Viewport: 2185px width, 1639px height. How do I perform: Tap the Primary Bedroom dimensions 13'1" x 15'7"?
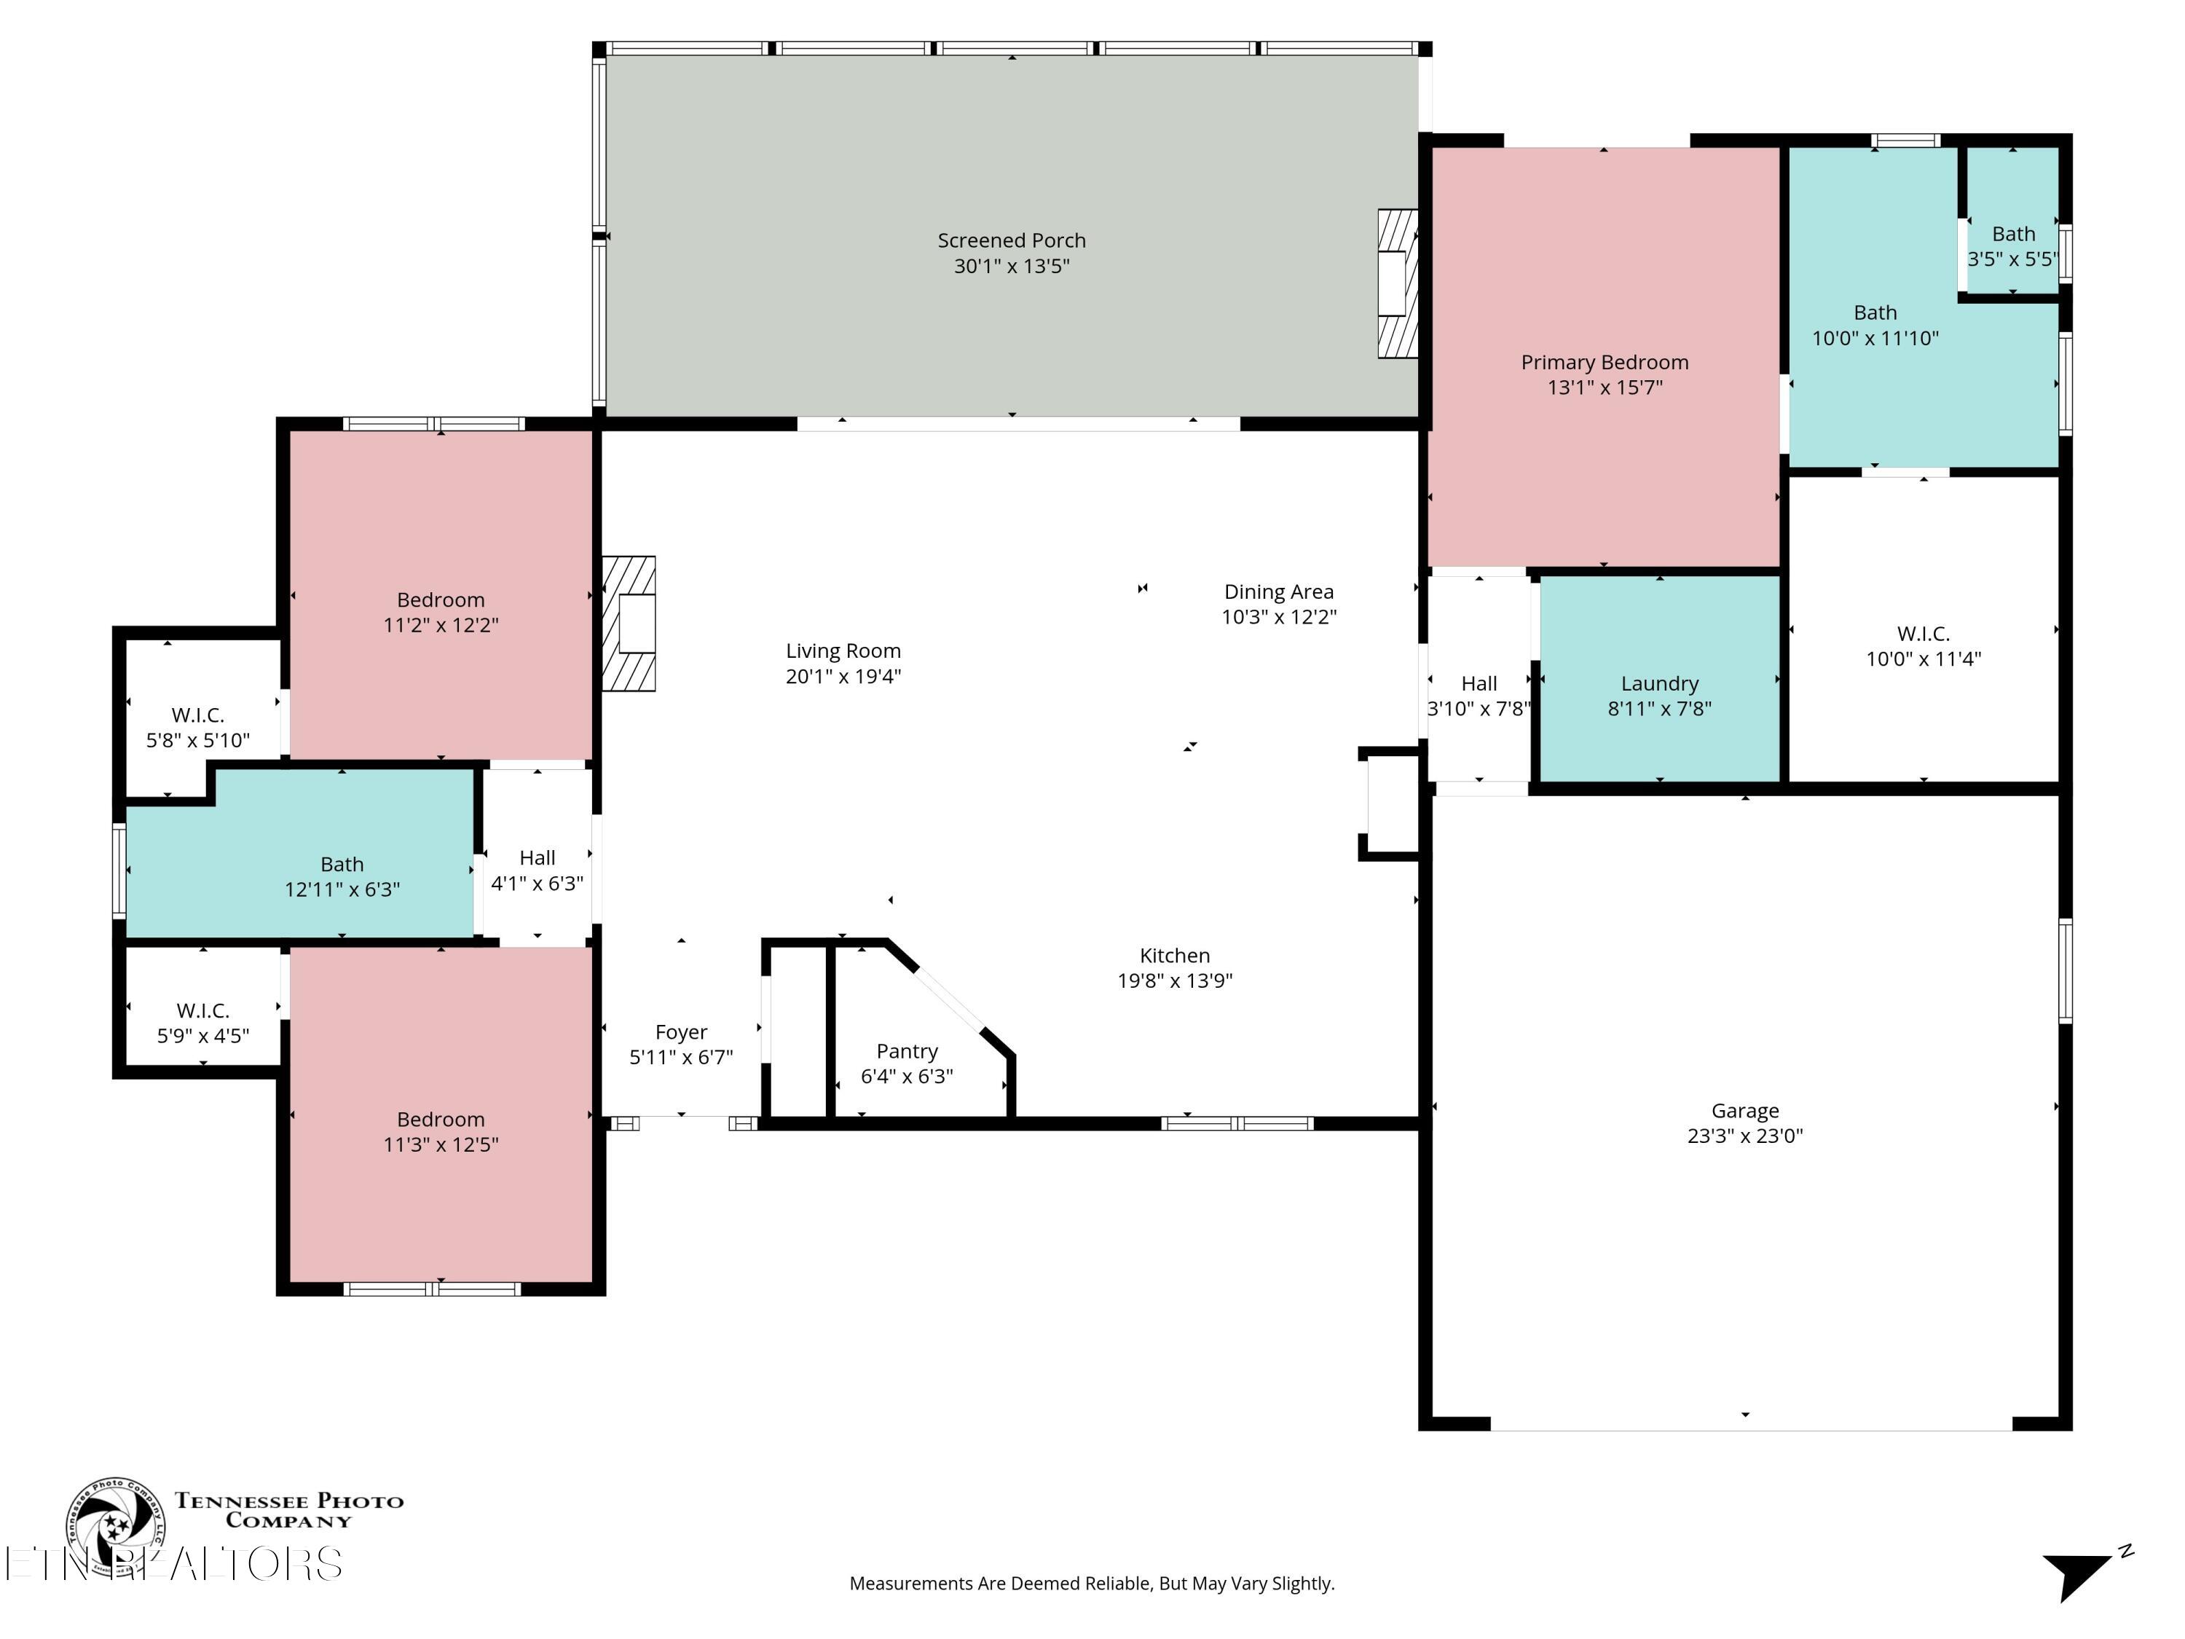pos(1605,388)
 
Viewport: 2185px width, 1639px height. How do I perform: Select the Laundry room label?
pos(1658,684)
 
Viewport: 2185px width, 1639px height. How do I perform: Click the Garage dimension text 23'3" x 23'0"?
pos(1744,1136)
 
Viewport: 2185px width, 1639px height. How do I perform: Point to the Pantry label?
pos(906,1051)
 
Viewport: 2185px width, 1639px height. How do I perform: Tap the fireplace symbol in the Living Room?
pos(629,624)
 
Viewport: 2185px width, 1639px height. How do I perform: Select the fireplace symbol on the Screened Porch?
pos(1398,283)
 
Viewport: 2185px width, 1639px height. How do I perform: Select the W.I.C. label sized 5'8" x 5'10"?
pos(197,715)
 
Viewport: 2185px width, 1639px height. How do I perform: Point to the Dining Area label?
pos(1278,591)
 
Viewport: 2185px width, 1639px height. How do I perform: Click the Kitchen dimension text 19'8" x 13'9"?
pos(1175,981)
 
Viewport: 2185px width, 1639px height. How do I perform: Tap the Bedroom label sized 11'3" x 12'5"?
pos(441,1120)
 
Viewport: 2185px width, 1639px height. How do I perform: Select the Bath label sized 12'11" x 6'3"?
pos(342,865)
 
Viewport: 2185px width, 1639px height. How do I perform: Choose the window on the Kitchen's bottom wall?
pos(1236,1123)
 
